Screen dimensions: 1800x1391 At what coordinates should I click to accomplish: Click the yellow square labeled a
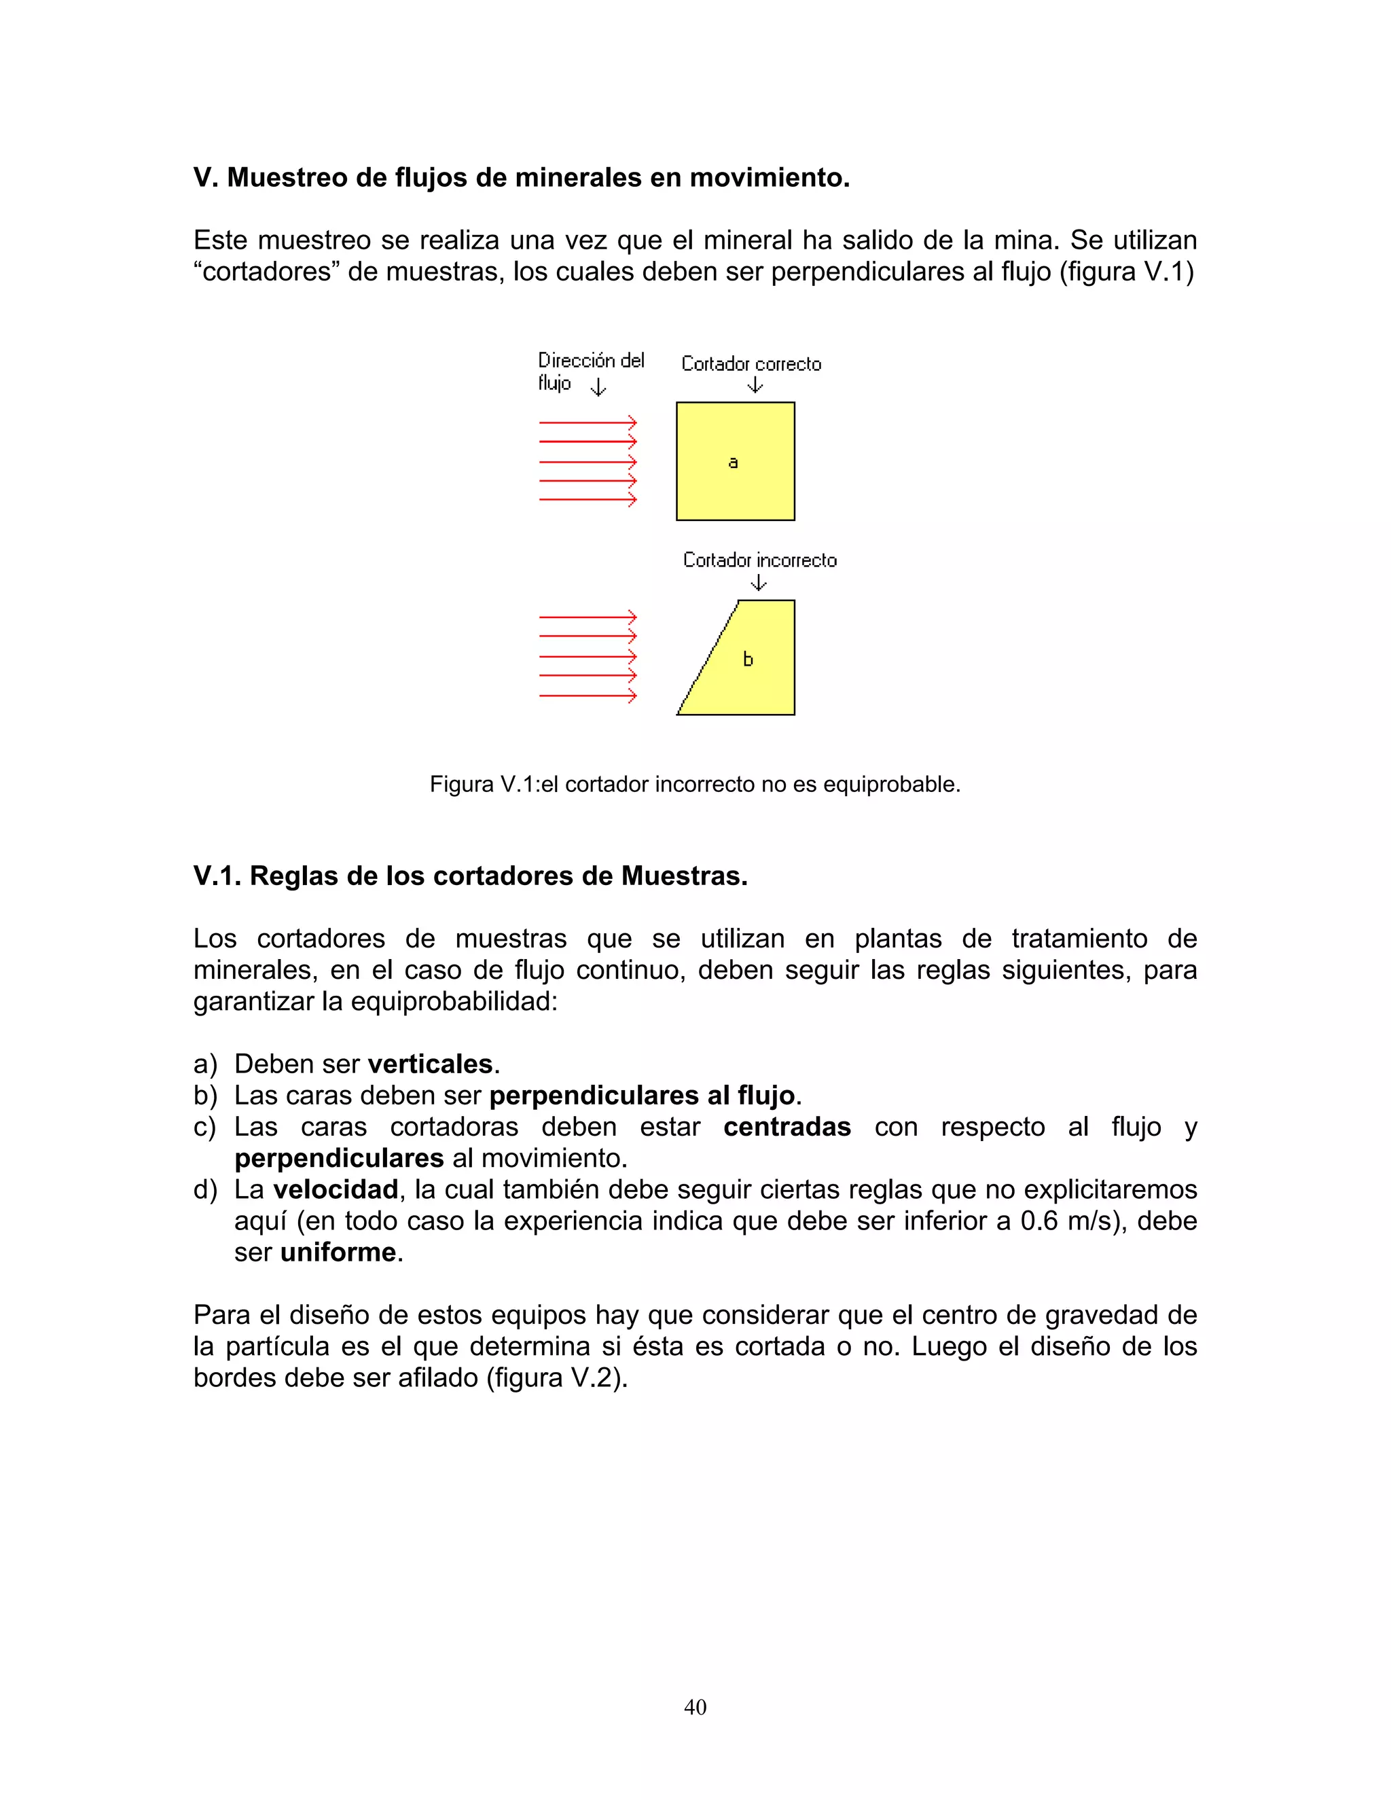pyautogui.click(x=735, y=461)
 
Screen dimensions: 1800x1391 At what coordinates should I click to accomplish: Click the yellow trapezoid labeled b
pyautogui.click(x=750, y=668)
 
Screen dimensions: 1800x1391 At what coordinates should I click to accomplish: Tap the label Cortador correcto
pyautogui.click(x=751, y=364)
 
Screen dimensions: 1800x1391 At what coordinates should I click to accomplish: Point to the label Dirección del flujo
pyautogui.click(x=590, y=370)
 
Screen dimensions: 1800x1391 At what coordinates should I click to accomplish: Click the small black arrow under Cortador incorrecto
pyautogui.click(x=759, y=583)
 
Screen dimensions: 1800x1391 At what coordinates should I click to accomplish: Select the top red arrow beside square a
pyautogui.click(x=588, y=422)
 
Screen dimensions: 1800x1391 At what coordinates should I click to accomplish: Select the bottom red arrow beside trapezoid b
pyautogui.click(x=588, y=696)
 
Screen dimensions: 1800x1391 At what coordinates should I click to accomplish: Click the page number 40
pyautogui.click(x=695, y=1707)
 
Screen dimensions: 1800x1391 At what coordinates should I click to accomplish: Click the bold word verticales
pyautogui.click(x=429, y=1064)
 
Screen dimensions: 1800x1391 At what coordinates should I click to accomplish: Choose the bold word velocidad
pyautogui.click(x=336, y=1189)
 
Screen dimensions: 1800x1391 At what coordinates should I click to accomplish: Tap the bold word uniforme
pyautogui.click(x=338, y=1252)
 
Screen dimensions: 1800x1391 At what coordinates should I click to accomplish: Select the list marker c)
pyautogui.click(x=204, y=1127)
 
